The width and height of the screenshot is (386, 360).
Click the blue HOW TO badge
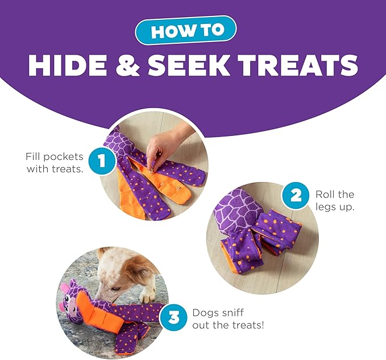pos(186,30)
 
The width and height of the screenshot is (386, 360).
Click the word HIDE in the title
pos(68,64)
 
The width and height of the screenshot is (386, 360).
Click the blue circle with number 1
pos(101,161)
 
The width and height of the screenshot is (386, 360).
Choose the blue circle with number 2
pos(296,196)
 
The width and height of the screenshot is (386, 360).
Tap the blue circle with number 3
pos(174,317)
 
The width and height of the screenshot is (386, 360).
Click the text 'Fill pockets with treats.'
pos(55,163)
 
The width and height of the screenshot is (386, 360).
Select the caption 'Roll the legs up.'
pos(335,200)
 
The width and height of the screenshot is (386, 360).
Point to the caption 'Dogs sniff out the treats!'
pos(228,319)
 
